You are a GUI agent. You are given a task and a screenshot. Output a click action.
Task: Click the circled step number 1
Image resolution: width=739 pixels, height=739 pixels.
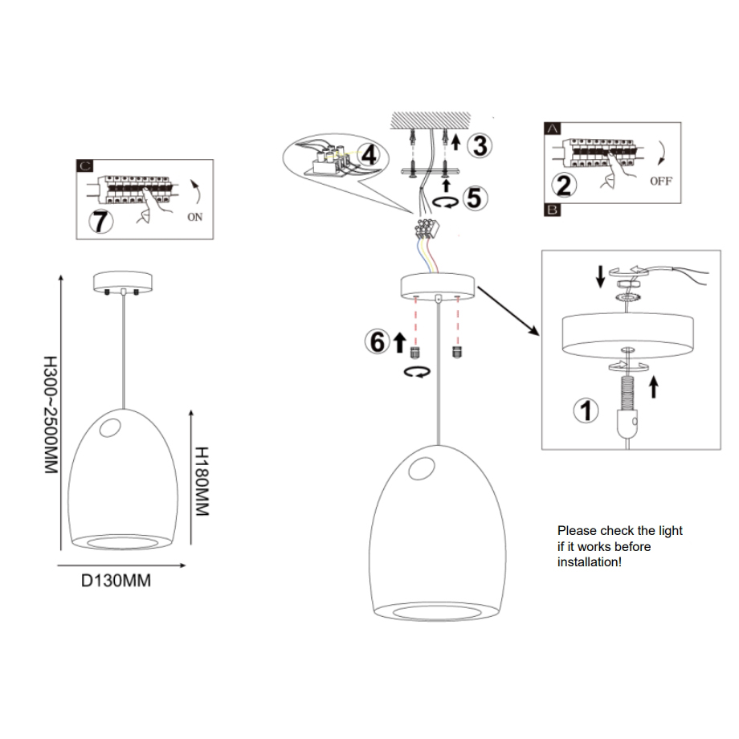(x=586, y=410)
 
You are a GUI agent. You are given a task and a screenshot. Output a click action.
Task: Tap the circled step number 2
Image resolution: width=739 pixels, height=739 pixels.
(x=565, y=186)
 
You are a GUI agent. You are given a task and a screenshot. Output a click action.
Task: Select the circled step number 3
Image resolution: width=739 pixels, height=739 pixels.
(x=480, y=146)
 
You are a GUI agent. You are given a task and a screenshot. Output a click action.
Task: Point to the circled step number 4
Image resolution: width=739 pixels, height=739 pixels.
(x=369, y=154)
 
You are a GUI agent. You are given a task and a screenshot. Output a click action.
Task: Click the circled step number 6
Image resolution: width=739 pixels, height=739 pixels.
(x=375, y=341)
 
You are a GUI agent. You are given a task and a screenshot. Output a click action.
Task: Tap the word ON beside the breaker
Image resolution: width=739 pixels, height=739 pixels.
(x=194, y=216)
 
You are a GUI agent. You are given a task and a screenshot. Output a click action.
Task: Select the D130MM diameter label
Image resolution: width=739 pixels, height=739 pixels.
(x=116, y=581)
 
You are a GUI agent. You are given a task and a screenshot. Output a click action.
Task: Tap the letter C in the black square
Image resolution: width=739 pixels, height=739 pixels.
(x=85, y=167)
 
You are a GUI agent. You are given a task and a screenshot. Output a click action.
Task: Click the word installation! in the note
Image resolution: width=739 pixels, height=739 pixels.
(x=590, y=562)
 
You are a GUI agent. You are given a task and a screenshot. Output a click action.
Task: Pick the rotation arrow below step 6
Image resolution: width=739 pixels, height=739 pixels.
(x=417, y=371)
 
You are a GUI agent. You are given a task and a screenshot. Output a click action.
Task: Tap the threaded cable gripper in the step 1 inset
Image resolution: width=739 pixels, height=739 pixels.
(x=627, y=394)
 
